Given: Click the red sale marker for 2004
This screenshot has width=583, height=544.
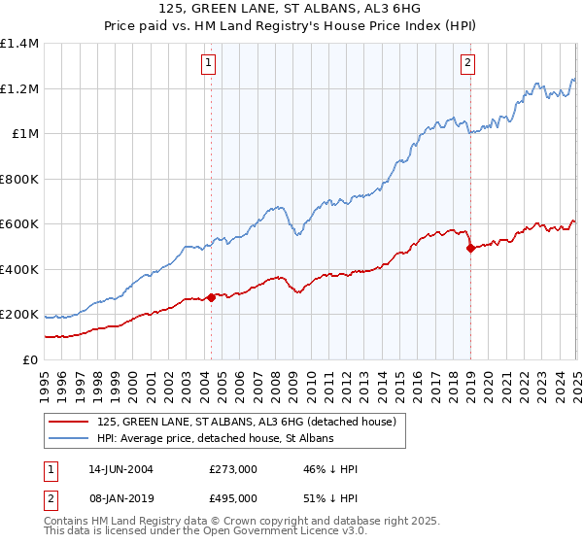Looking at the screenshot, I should pos(211,297).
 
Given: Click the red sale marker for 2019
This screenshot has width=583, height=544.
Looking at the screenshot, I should pos(470,249).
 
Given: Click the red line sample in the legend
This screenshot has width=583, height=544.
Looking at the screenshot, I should pos(68,423).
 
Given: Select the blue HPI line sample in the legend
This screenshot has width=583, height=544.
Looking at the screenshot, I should pos(68,439).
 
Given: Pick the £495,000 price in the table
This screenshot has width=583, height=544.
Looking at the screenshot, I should pos(232,498).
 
